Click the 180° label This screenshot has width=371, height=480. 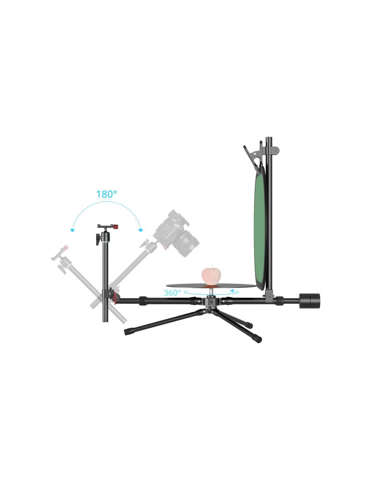pos(106,194)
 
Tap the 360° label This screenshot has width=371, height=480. pos(172,293)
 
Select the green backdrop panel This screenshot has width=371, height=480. pos(260,228)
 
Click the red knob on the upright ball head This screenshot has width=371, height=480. pos(116,226)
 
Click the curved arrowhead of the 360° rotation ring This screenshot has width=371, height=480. pos(232,291)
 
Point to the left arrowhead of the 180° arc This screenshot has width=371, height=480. pos(73,231)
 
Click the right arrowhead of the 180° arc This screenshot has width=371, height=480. pos(140,231)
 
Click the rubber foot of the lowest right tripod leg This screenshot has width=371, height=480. pos(257,339)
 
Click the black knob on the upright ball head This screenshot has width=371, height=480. pos(98,239)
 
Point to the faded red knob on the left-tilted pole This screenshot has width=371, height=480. pos(65,247)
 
